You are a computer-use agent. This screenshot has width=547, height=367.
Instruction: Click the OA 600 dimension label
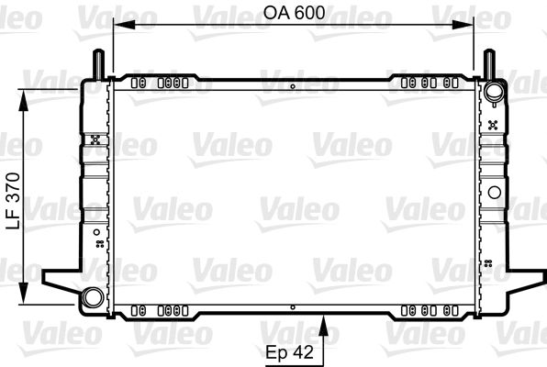click(x=294, y=13)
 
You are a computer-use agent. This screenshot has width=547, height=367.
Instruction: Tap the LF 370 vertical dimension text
click(x=14, y=201)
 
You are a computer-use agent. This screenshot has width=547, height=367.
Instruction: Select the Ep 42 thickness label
click(x=289, y=352)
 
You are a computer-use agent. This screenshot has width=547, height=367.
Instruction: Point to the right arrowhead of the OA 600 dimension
click(x=463, y=25)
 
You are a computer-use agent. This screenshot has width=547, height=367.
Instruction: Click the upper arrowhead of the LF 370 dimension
click(x=23, y=100)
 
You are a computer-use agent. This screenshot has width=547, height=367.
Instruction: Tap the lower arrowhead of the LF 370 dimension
click(x=23, y=293)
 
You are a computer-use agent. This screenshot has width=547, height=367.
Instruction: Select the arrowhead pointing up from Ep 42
click(x=323, y=326)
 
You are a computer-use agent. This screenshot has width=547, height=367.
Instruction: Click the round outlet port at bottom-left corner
click(x=93, y=297)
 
